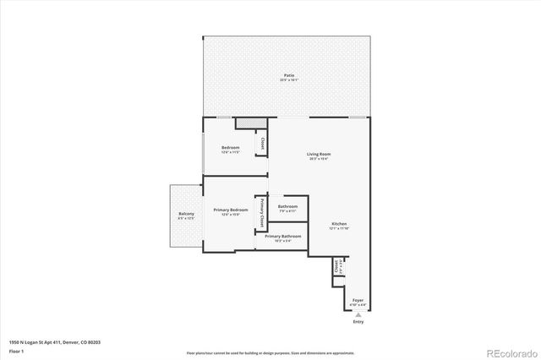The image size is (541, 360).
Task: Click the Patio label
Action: coord(288,75)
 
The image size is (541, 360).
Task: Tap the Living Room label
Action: coord(319,154)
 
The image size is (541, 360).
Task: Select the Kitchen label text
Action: coord(340,224)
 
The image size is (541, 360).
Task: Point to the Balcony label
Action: coord(186,214)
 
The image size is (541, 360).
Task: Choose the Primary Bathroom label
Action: coord(283,237)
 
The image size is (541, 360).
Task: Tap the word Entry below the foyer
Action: coord(358,322)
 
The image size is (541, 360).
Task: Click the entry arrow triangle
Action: coord(358,315)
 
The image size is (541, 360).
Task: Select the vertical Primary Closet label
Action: coord(262,215)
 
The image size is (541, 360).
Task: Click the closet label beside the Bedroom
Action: coord(262,145)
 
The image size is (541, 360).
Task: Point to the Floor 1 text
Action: coord(15,350)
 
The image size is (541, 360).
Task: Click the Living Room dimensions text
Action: coord(319,159)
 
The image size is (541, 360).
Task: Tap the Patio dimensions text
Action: coord(288,80)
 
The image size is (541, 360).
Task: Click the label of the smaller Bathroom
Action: coord(287,206)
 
